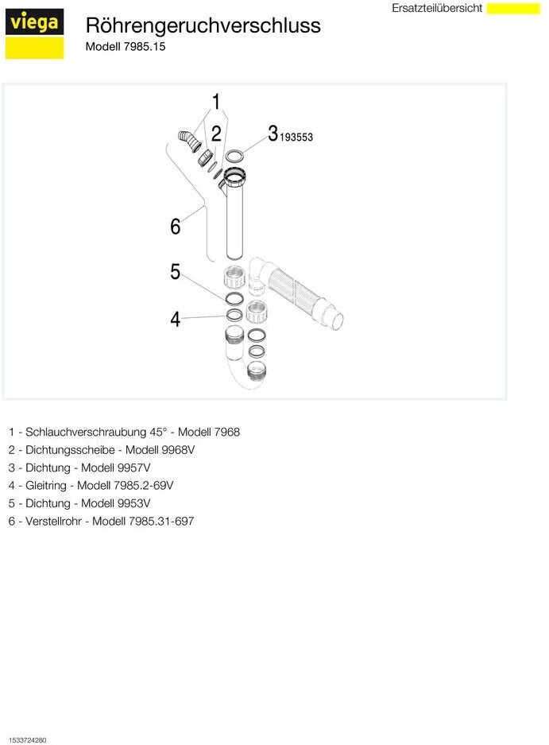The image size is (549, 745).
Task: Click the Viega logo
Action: pos(34,34)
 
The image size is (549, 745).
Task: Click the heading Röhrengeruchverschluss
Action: pos(203,25)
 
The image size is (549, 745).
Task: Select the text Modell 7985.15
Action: pos(126,46)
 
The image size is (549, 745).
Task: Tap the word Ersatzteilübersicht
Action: pos(437,8)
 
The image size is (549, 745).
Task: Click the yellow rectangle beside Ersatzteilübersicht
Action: pos(512,8)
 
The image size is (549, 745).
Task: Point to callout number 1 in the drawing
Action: pos(215,102)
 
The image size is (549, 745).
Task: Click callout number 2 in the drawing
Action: pos(215,133)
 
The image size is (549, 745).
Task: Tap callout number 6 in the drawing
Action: pos(176,227)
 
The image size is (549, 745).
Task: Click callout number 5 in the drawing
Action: pos(176,272)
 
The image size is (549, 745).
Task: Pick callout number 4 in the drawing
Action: pos(176,320)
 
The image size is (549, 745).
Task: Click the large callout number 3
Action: pos(273,133)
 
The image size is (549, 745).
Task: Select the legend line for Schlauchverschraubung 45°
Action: pos(124,432)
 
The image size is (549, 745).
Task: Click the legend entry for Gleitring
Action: pos(91,485)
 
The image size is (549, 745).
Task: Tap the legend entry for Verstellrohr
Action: pos(101,521)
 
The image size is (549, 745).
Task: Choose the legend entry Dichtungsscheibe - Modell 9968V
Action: pos(102,449)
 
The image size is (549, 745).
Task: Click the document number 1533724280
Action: pos(28,740)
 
